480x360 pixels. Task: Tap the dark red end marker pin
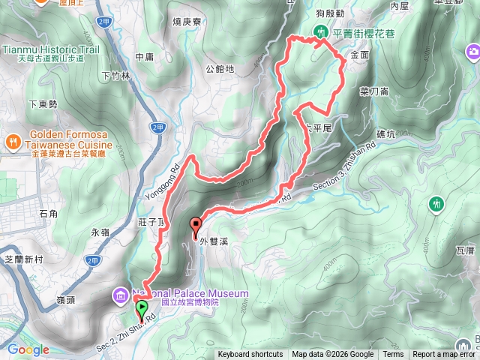click(x=196, y=224)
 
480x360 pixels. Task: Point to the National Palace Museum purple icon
click(x=121, y=295)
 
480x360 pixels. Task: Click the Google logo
click(x=28, y=349)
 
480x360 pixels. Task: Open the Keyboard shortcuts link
click(x=250, y=355)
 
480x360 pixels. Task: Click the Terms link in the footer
click(x=393, y=355)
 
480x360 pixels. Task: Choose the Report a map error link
click(x=445, y=355)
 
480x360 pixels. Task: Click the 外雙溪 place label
click(x=214, y=241)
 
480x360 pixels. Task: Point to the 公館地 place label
click(x=220, y=69)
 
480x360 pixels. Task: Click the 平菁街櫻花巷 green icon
click(x=320, y=32)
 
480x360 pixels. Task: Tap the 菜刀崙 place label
click(x=373, y=91)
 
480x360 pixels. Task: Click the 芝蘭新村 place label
click(x=23, y=259)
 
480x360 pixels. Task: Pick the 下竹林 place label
click(x=115, y=76)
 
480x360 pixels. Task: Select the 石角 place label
click(x=47, y=214)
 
